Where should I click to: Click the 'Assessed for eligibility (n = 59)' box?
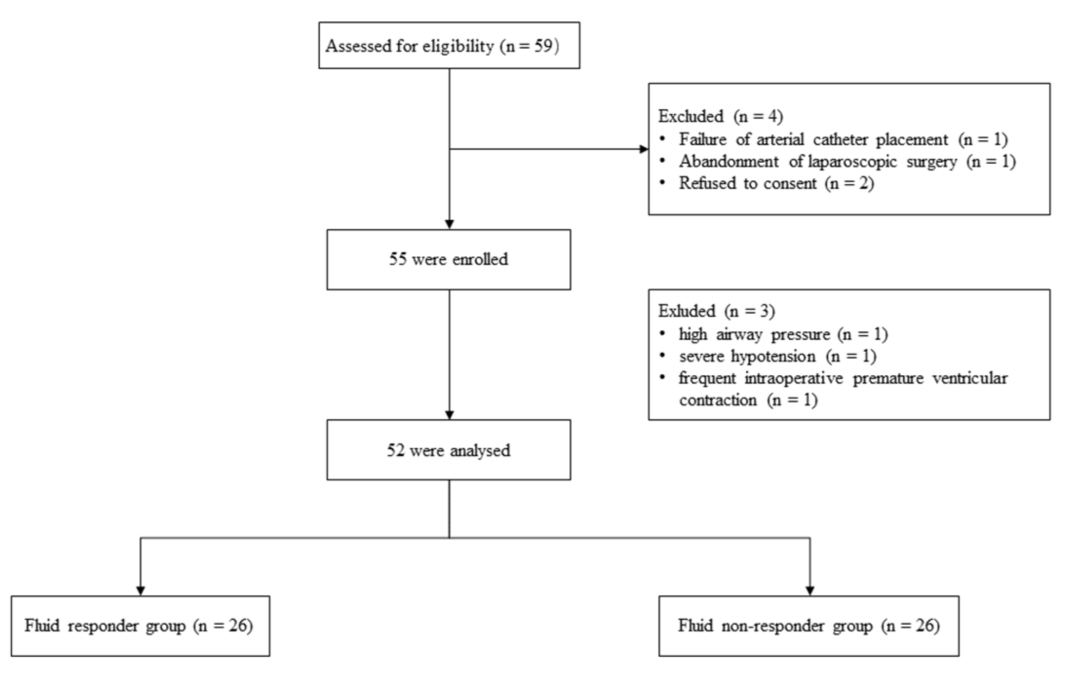[x=449, y=45]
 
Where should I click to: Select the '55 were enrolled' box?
[x=448, y=259]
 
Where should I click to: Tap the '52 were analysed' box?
[x=448, y=450]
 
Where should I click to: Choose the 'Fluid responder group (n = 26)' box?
[x=140, y=626]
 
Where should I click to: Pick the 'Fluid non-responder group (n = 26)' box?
[x=808, y=626]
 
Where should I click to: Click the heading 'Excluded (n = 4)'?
[x=720, y=116]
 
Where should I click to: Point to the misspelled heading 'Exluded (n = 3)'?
[x=716, y=311]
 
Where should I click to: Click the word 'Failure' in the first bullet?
[x=703, y=140]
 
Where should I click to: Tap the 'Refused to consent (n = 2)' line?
[x=776, y=184]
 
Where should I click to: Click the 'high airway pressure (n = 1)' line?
[x=783, y=334]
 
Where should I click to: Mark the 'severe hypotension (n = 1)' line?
[x=778, y=356]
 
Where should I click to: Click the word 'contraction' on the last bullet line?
[x=718, y=400]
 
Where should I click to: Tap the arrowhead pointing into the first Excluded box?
[x=644, y=149]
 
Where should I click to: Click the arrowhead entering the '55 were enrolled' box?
[x=449, y=224]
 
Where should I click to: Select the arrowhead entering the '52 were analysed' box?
[x=449, y=415]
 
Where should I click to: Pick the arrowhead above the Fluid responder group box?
[x=140, y=591]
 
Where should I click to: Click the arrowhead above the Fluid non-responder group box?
[x=810, y=591]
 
